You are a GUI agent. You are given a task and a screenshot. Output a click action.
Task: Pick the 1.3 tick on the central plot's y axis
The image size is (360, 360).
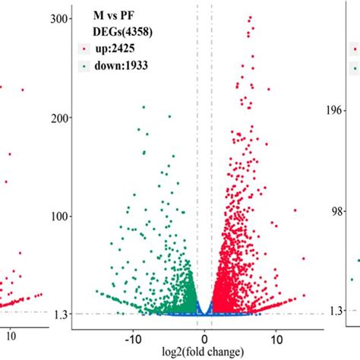[x=62, y=314]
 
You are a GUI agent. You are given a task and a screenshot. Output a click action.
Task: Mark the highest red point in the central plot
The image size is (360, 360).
[x=250, y=17]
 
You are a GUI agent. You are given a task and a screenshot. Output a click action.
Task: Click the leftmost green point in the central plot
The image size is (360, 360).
[x=96, y=292]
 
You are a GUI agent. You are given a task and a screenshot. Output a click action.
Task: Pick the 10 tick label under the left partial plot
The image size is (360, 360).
[x=11, y=333]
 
